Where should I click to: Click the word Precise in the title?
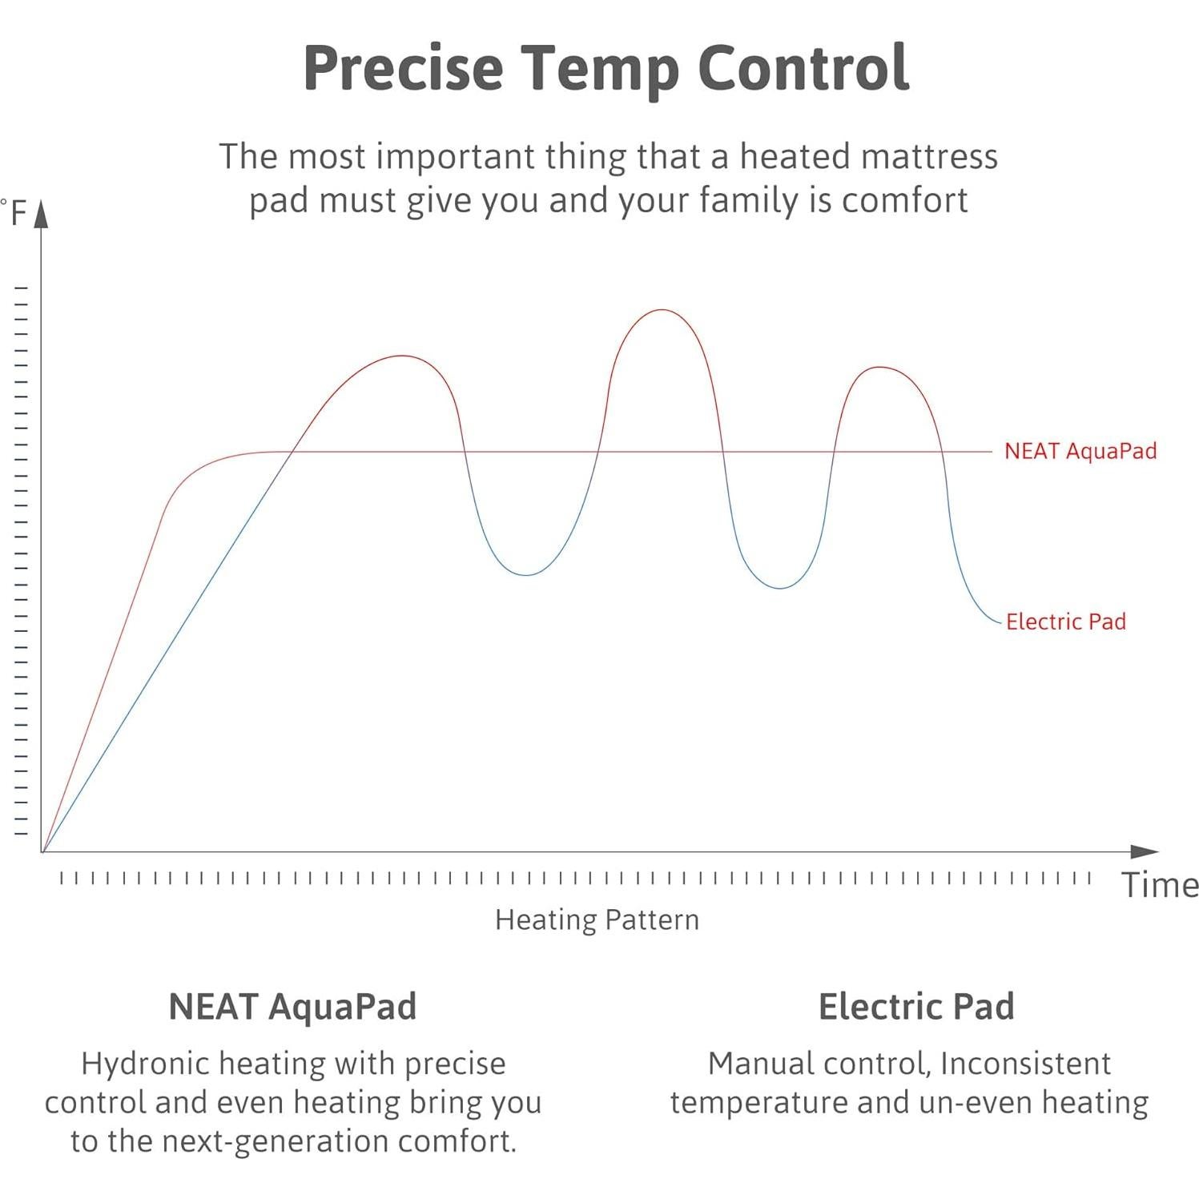403,69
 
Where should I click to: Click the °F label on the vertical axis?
15,213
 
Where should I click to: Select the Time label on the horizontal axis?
1159,886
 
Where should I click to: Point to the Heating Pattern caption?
597,919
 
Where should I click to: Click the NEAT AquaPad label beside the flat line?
1080,451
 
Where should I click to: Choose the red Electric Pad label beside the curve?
1065,622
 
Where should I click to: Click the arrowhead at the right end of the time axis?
1145,851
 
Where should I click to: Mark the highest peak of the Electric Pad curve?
662,310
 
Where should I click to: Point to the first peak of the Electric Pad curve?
401,356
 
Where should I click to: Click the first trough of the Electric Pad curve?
526,575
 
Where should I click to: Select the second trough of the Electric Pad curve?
779,588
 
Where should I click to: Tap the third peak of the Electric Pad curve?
880,367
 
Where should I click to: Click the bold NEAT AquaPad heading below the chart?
292,1007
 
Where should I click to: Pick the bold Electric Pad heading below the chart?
916,1007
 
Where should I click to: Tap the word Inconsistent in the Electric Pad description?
1025,1064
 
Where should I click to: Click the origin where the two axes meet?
42,851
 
